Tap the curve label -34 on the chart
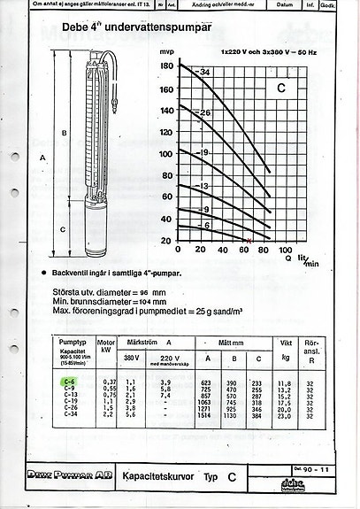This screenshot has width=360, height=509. [205, 71]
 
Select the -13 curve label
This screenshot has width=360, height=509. [204, 187]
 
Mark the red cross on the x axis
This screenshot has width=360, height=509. [249, 241]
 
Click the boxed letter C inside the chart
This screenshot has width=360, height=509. [281, 89]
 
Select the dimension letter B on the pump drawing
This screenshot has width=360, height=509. [62, 134]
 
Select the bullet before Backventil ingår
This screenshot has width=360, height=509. [44, 274]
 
